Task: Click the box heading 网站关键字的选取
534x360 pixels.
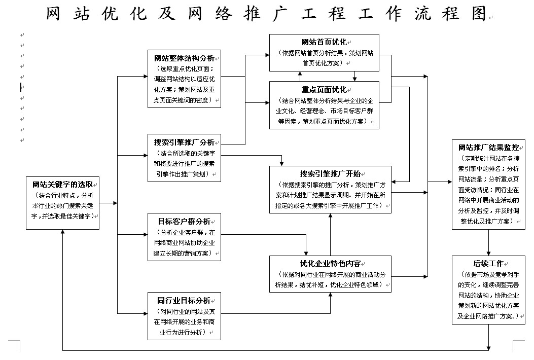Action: coord(62,184)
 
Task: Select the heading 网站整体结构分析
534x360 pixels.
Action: coord(184,57)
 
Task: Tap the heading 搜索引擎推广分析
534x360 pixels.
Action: coord(184,141)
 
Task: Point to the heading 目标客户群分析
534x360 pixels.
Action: coord(184,222)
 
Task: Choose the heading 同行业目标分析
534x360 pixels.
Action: coord(184,300)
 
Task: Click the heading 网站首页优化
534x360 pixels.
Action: coord(324,42)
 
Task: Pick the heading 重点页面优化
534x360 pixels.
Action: coord(324,89)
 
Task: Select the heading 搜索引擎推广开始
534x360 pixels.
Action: coord(330,173)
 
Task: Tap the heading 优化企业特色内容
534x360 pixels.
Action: coord(330,263)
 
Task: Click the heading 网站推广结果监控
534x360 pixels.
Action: coord(488,148)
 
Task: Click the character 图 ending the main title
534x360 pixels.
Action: coord(479,14)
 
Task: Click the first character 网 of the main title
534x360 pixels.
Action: coord(55,14)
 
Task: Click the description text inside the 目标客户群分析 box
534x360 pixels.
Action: coord(184,243)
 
